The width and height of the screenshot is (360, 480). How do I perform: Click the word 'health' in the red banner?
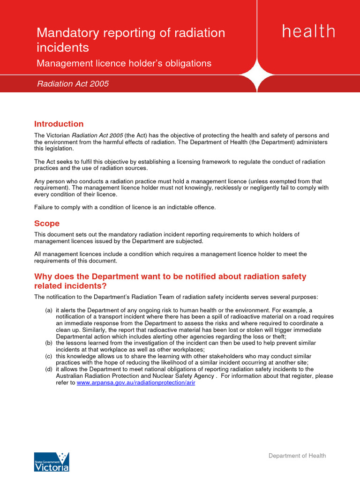(308, 32)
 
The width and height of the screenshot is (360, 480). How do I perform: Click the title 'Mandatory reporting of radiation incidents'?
(131, 40)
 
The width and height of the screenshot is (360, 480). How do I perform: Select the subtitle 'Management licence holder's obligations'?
(124, 63)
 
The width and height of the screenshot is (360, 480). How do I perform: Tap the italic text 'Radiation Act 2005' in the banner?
(73, 84)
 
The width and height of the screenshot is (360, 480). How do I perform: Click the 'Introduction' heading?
(59, 124)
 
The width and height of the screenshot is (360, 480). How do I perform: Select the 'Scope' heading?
(47, 224)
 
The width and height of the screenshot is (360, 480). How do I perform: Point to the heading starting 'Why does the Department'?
(170, 281)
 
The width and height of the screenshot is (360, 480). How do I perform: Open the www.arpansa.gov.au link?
(135, 382)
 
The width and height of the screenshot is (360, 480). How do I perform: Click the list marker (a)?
(49, 310)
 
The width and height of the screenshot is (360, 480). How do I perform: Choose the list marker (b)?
(49, 343)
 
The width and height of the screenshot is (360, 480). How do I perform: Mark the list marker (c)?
(49, 356)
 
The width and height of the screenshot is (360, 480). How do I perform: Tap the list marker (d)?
(49, 369)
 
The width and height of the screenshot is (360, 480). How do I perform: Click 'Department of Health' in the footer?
(297, 456)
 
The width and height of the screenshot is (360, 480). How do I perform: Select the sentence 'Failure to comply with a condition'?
(125, 207)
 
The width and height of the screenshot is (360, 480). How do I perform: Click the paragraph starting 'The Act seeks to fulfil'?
(180, 165)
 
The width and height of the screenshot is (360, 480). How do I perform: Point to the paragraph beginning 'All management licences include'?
(171, 257)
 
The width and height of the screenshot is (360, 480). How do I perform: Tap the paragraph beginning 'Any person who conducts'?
(181, 187)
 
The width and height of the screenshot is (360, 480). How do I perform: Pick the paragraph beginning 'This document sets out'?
(167, 238)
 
